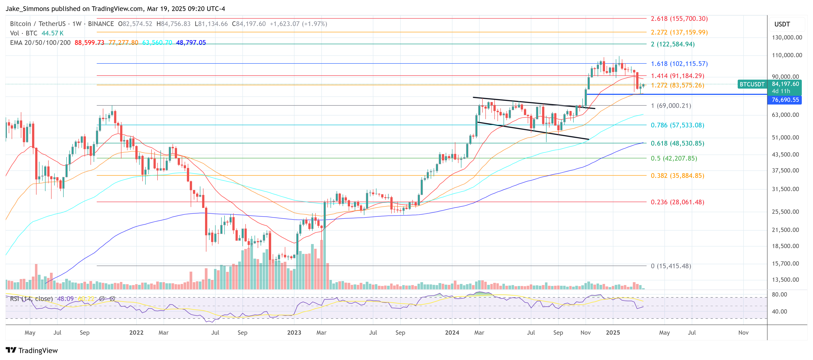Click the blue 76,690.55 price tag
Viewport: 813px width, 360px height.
tap(785, 100)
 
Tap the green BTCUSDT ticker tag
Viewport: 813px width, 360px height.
tap(752, 84)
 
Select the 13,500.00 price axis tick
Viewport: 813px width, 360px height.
tap(785, 279)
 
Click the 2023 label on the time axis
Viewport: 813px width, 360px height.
tap(294, 333)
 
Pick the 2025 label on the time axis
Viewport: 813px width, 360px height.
tap(613, 333)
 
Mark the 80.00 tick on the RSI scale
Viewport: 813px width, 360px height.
tap(779, 294)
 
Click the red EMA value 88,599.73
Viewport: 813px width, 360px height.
tap(89, 43)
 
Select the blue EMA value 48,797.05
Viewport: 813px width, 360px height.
tap(191, 43)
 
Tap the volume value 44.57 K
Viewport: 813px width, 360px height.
tap(52, 33)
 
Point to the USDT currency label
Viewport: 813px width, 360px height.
tap(782, 24)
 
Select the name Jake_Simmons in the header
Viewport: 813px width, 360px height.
tap(28, 9)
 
